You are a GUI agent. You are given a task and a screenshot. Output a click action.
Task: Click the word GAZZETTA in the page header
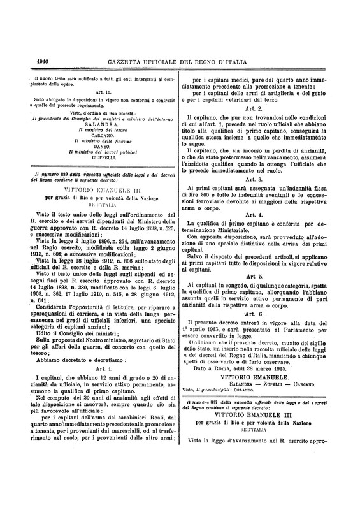tap(133, 61)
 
